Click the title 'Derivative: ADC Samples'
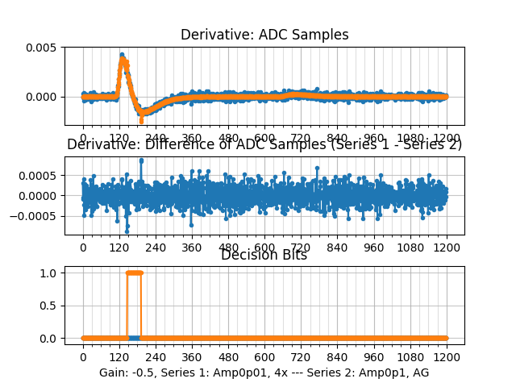tap(264, 35)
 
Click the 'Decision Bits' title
tap(264, 255)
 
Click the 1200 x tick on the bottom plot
tap(447, 357)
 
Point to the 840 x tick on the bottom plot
tap(338, 357)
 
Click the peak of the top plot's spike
tap(122, 56)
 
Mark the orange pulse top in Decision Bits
tap(134, 273)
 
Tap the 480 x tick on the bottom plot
tap(229, 357)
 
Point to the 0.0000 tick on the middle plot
tap(40, 196)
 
